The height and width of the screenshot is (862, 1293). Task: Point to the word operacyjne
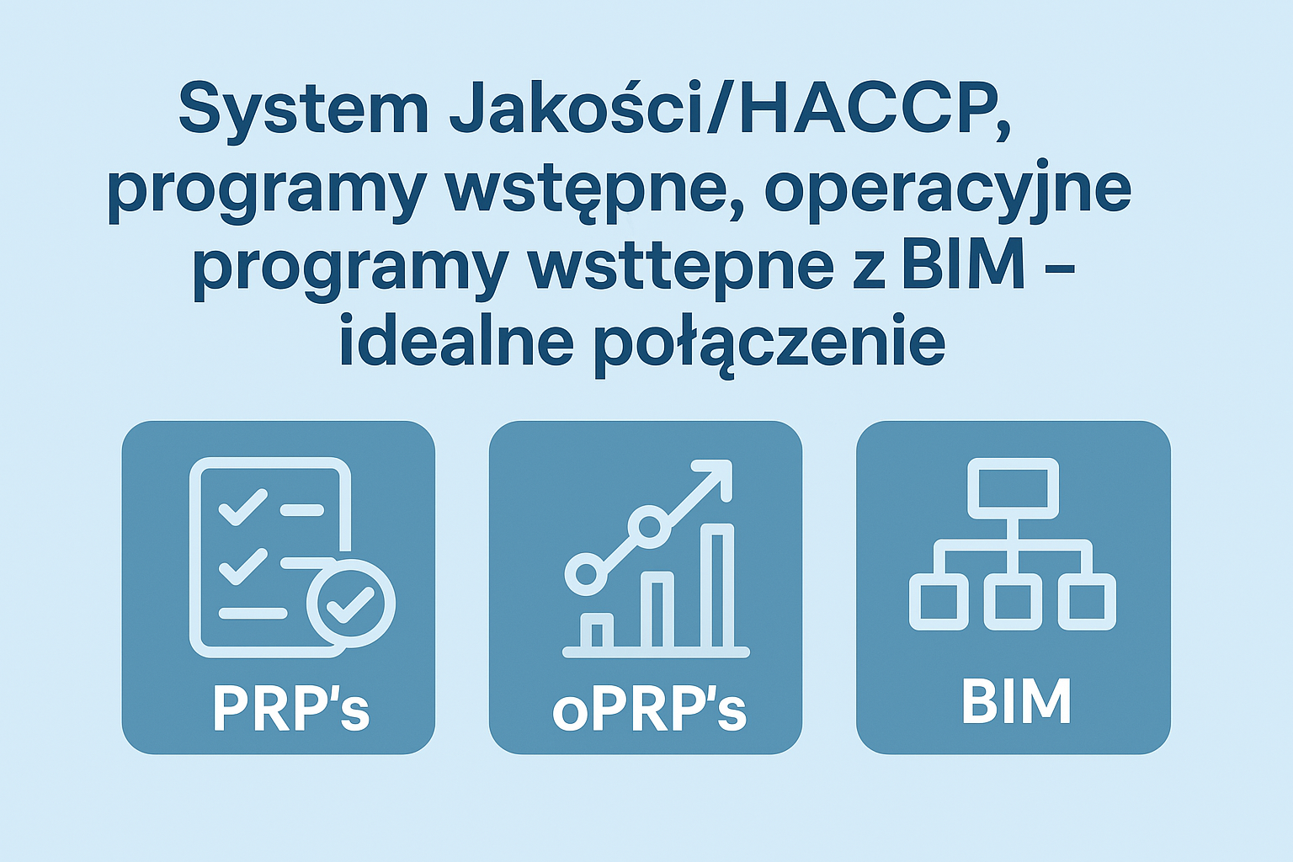click(947, 190)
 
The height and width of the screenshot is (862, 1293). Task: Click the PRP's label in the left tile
click(291, 708)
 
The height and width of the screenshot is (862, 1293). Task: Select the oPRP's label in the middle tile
click(649, 709)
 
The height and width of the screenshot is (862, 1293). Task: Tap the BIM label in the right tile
click(1015, 701)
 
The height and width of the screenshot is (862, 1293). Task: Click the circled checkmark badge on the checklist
click(350, 604)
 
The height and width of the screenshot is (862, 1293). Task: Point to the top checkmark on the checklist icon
click(243, 507)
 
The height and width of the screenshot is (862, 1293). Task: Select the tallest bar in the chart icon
click(717, 588)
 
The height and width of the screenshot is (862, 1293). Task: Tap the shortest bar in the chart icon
click(596, 633)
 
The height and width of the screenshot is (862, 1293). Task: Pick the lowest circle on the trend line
click(587, 574)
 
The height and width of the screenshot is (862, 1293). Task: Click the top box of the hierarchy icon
click(1013, 488)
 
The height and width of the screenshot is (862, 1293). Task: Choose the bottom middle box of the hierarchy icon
click(1013, 602)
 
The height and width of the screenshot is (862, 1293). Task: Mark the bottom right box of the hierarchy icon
click(1087, 602)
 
